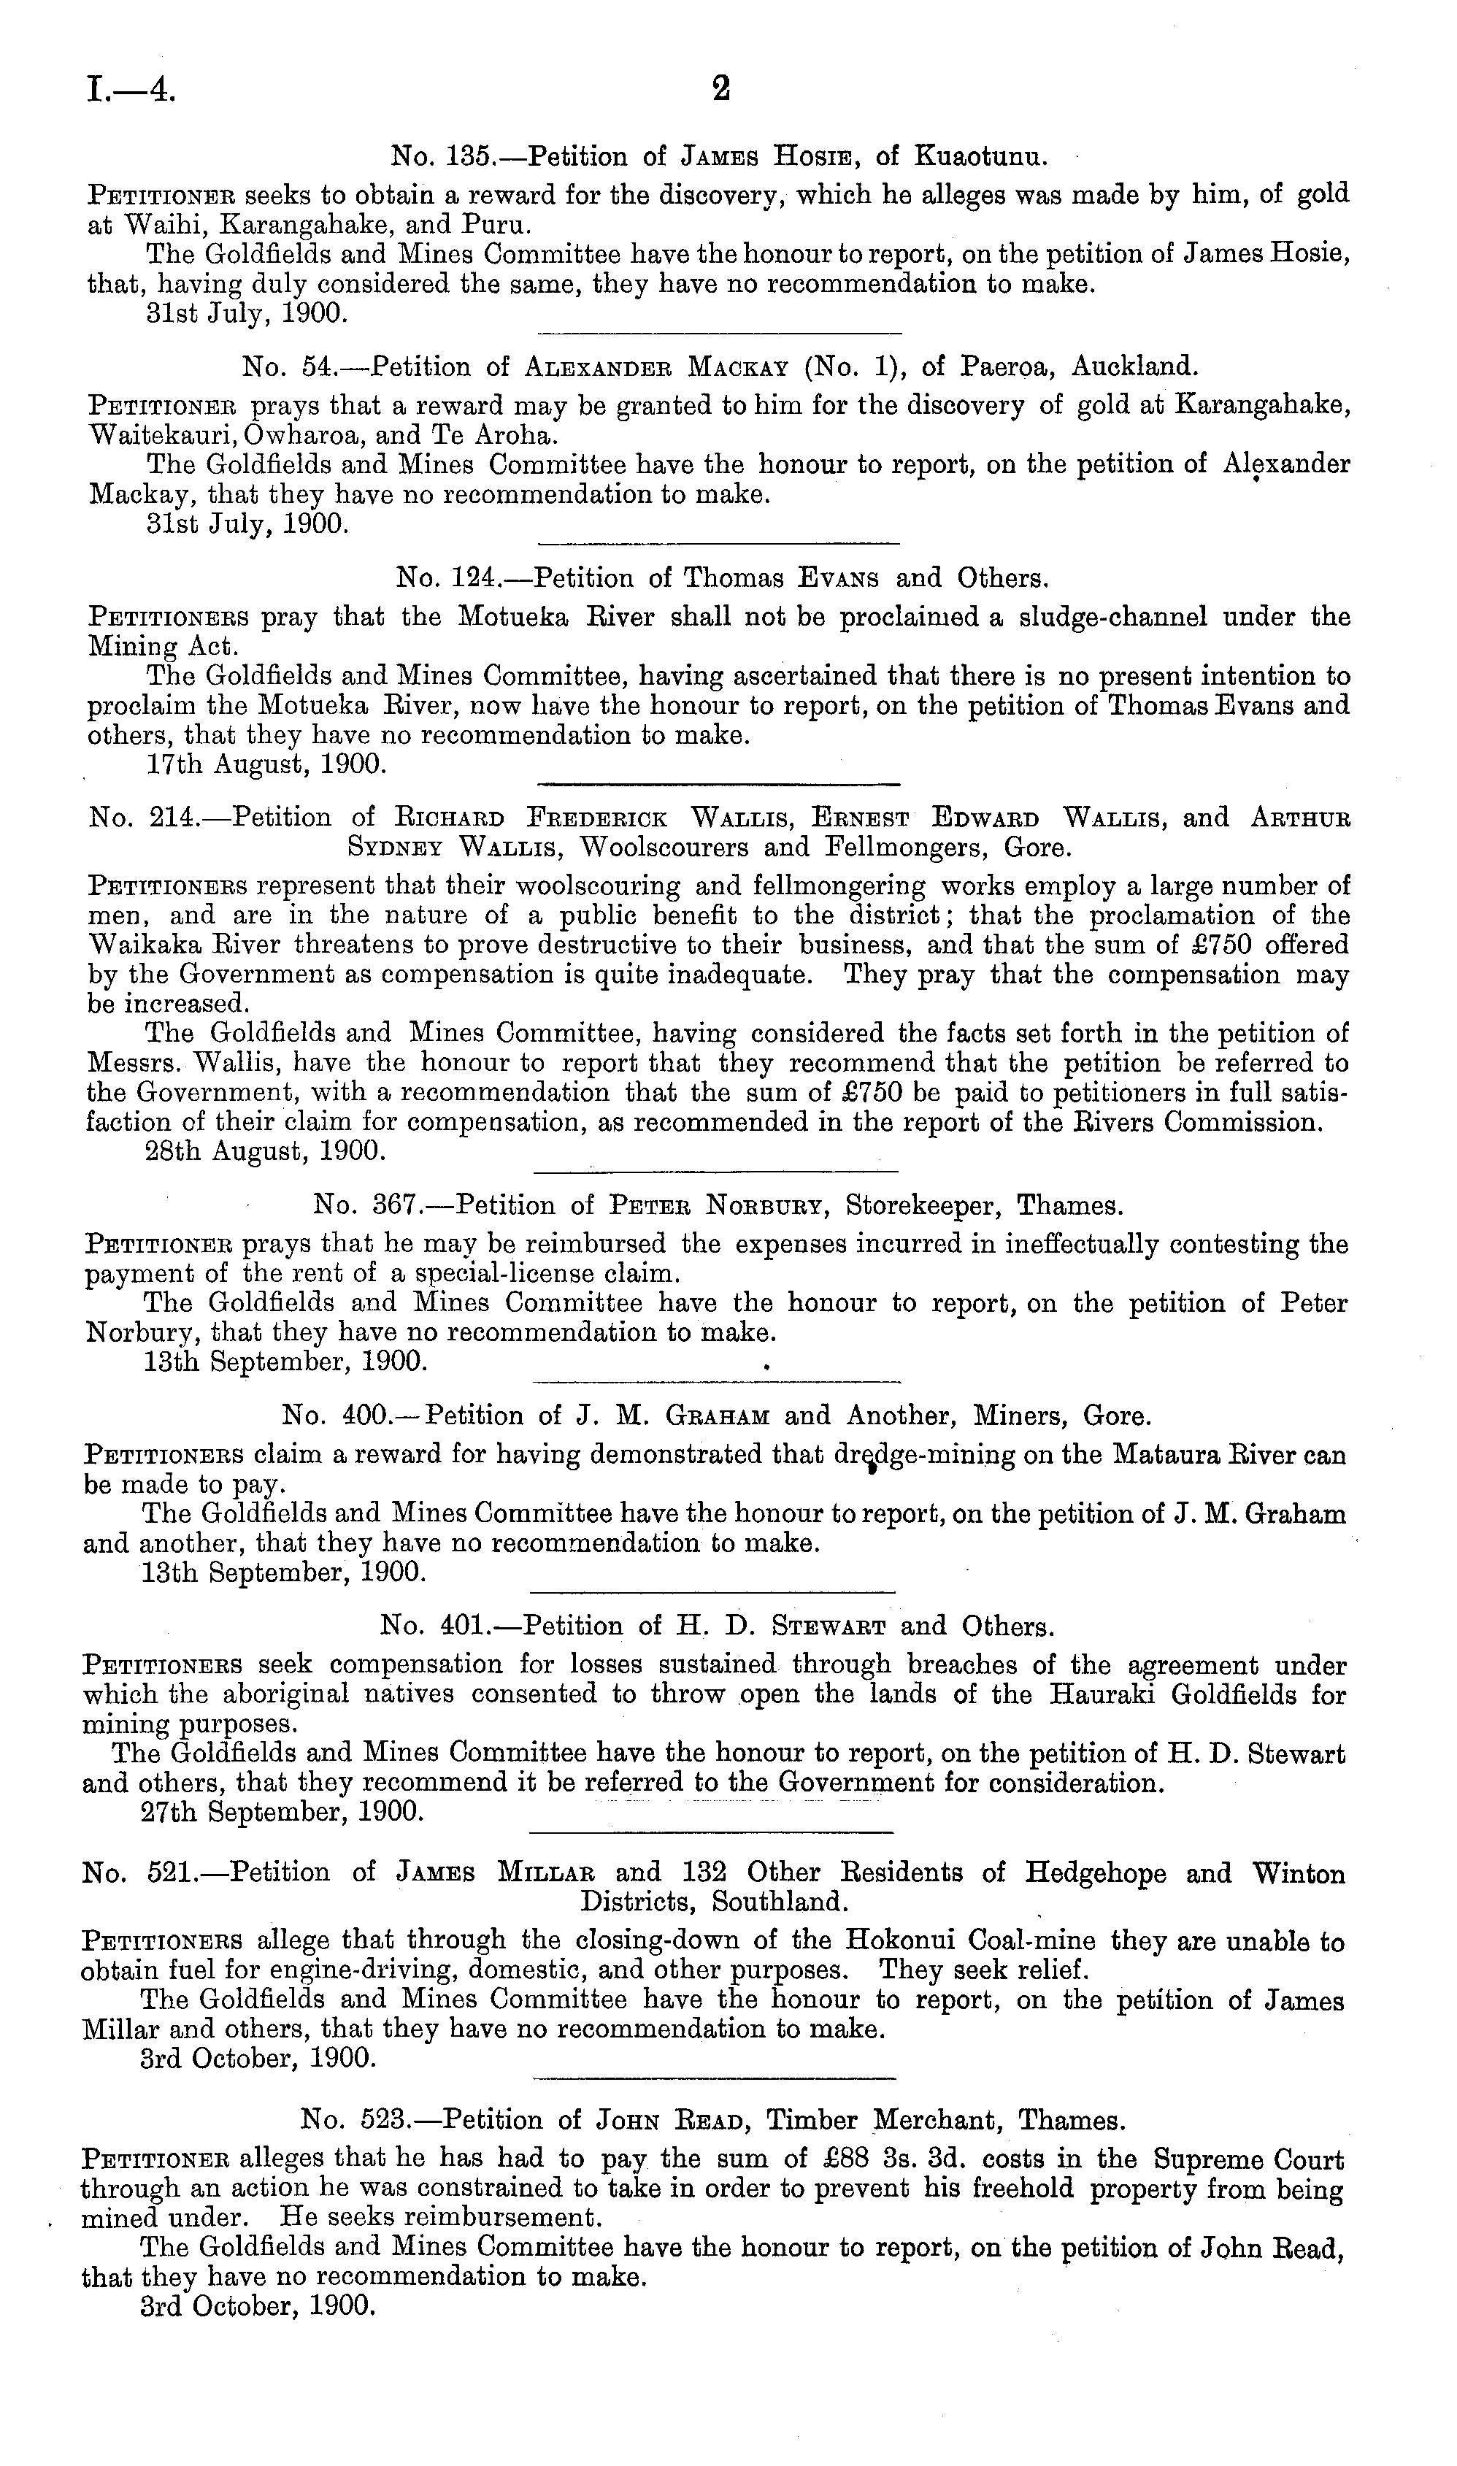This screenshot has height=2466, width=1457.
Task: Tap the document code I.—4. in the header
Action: pos(131,91)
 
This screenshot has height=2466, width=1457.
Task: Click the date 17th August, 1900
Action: pos(265,765)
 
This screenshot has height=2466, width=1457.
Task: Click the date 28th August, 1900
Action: pos(265,1151)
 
